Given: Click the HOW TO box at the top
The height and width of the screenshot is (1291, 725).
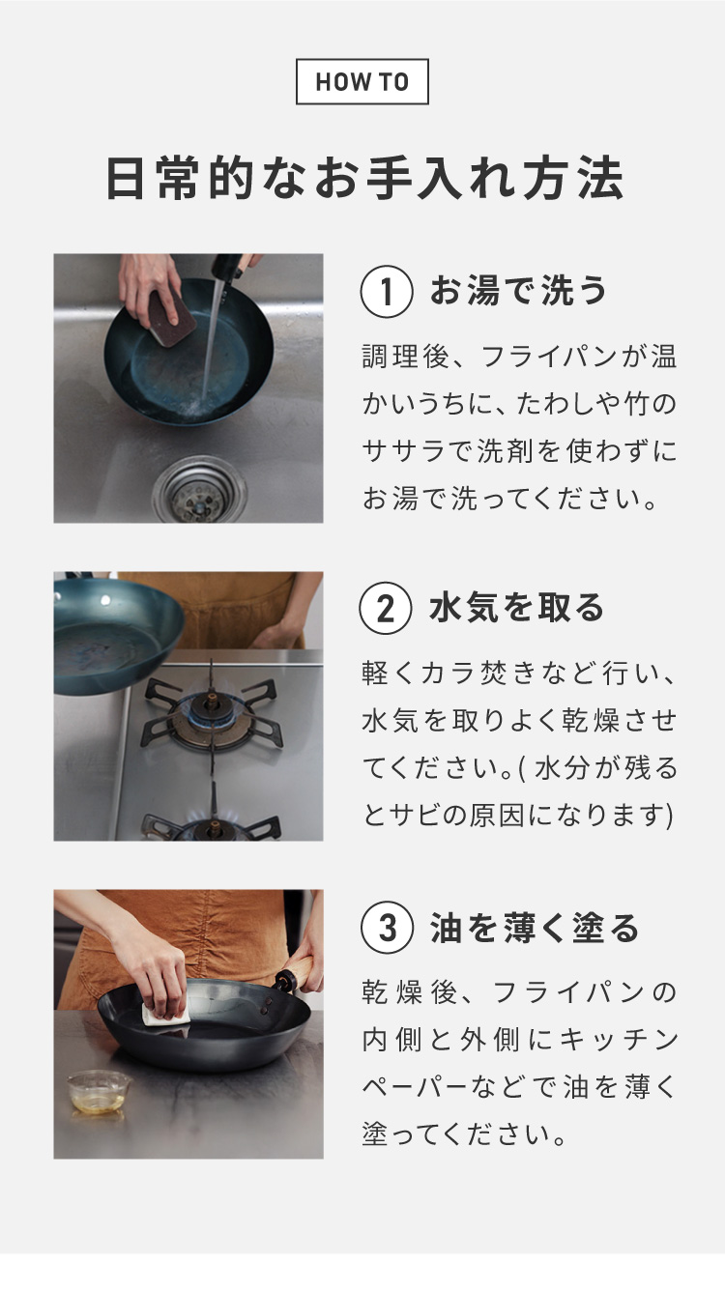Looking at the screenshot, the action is pyautogui.click(x=362, y=81).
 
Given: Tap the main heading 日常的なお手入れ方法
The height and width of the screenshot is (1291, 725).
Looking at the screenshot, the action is pyautogui.click(x=364, y=178).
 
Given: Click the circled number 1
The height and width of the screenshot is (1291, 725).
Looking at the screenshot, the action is pyautogui.click(x=387, y=291).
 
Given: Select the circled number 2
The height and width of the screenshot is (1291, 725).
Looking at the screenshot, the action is pyautogui.click(x=386, y=609).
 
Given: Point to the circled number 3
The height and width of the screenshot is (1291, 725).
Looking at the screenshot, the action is pyautogui.click(x=387, y=928).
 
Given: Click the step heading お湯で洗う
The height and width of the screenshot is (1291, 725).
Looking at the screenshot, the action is pyautogui.click(x=518, y=290).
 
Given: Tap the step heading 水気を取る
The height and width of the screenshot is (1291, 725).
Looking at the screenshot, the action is pyautogui.click(x=517, y=608).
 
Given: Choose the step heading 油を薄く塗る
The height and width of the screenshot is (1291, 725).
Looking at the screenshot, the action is pyautogui.click(x=535, y=928).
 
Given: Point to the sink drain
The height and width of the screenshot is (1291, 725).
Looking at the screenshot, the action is pyautogui.click(x=199, y=491).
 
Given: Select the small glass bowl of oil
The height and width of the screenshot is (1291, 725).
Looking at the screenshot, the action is pyautogui.click(x=99, y=1092).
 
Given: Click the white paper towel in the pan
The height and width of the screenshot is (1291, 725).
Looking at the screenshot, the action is pyautogui.click(x=166, y=1014).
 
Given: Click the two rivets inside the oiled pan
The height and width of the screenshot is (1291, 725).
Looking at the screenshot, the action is pyautogui.click(x=268, y=1006).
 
